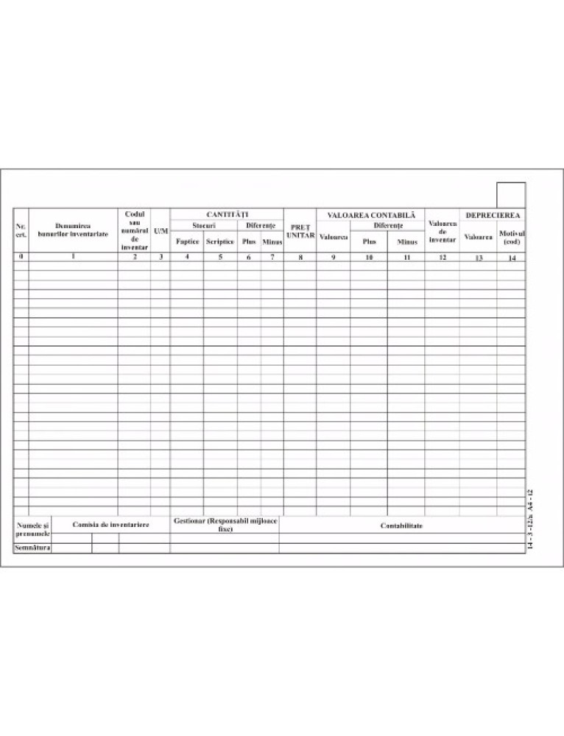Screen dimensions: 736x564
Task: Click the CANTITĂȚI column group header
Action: click(x=226, y=213)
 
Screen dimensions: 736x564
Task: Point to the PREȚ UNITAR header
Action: click(x=300, y=232)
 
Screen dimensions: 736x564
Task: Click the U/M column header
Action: click(x=161, y=230)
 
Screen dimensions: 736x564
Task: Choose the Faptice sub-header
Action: click(x=187, y=241)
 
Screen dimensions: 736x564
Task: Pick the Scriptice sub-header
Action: click(x=220, y=241)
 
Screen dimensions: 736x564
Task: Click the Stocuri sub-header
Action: click(x=203, y=224)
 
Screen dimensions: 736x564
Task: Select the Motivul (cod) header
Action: click(x=511, y=237)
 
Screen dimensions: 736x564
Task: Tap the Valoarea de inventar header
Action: click(x=442, y=231)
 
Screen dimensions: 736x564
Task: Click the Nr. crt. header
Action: click(x=21, y=230)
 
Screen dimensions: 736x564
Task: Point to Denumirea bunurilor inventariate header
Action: click(x=73, y=230)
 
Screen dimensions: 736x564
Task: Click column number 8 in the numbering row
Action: click(x=300, y=258)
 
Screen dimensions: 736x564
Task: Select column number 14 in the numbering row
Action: click(x=511, y=258)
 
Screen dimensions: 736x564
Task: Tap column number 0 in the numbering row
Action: click(x=21, y=257)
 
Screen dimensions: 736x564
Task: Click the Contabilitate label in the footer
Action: click(x=401, y=526)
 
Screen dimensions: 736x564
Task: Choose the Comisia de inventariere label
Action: click(x=110, y=524)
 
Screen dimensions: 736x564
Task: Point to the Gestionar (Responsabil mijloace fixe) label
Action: click(x=225, y=525)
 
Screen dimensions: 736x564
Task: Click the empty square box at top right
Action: click(x=510, y=195)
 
